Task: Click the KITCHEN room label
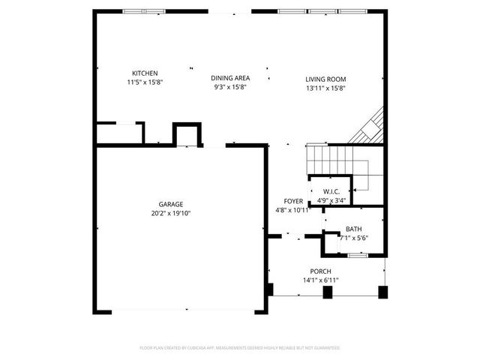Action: [145, 73]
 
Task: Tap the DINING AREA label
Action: [230, 78]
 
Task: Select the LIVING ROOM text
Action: [325, 79]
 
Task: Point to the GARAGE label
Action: [170, 204]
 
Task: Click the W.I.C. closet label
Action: [331, 192]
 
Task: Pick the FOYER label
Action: [293, 201]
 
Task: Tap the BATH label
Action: [353, 229]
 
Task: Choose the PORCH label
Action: [320, 271]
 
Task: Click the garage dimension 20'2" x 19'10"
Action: [170, 212]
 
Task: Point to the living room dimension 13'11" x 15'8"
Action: [325, 87]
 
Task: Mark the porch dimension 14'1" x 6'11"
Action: [320, 280]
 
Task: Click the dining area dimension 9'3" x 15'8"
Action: [230, 87]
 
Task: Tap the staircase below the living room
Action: [333, 158]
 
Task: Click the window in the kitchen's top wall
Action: [145, 11]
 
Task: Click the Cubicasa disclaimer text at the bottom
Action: [240, 348]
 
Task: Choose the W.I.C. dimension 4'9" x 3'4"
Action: [331, 200]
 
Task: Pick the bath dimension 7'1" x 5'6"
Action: [353, 238]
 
